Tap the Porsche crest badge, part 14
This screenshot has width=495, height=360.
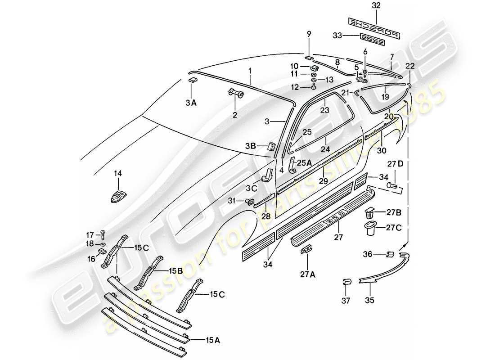pos(118,197)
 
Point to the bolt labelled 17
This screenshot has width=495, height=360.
pos(103,234)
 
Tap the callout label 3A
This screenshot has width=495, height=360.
pos(191,103)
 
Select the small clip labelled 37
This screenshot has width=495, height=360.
pos(347,282)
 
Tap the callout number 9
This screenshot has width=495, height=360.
pos(309,33)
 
